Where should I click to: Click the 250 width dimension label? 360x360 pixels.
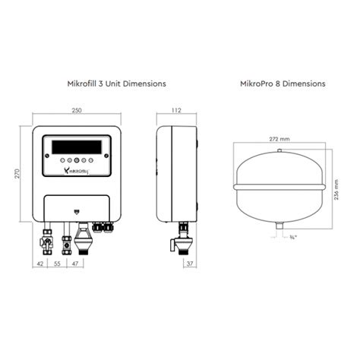[76, 111]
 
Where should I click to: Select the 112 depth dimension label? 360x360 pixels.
[176, 111]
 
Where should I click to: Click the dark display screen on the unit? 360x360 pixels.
[76, 146]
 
